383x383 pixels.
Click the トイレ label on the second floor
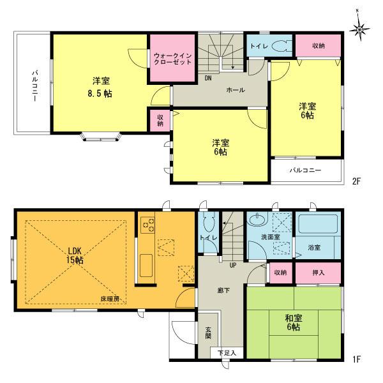point(259,47)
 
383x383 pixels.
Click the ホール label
point(234,90)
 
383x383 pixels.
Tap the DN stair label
point(208,79)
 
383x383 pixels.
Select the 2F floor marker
point(356,181)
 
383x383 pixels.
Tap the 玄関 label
point(209,334)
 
